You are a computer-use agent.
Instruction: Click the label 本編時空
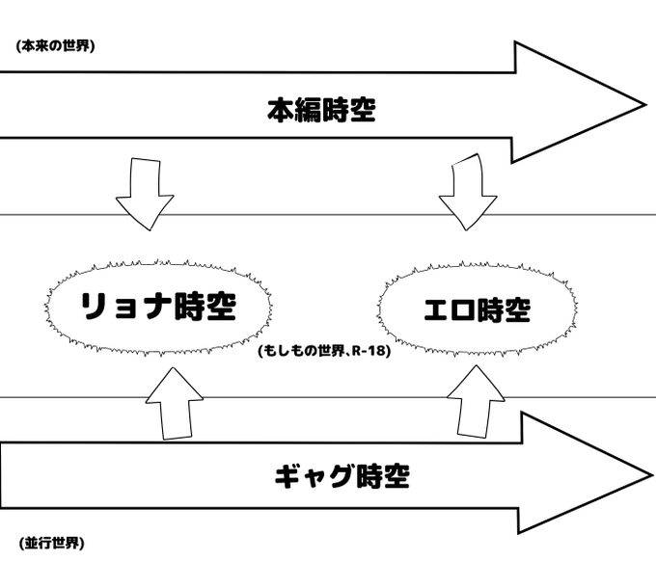(x=320, y=111)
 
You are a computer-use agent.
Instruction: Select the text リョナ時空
(x=157, y=308)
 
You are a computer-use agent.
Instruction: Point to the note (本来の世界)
(x=55, y=45)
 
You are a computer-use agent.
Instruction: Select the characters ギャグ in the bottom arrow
(x=309, y=476)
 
